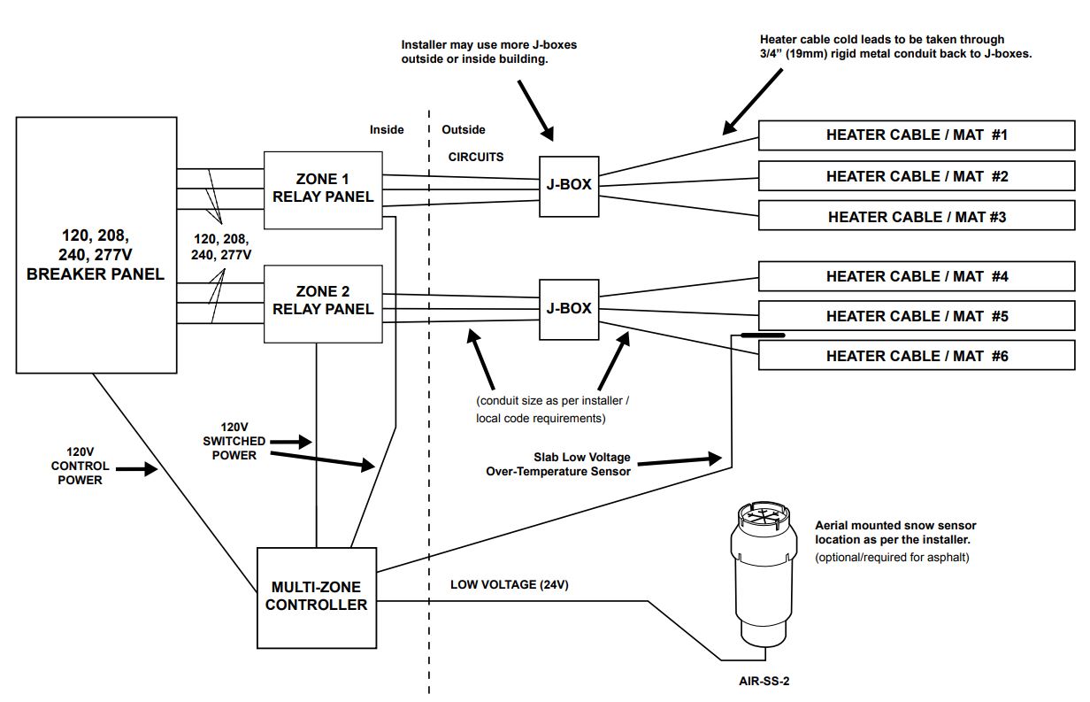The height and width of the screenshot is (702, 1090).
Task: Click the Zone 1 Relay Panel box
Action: click(x=323, y=189)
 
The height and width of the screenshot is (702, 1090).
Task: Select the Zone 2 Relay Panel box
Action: click(x=323, y=303)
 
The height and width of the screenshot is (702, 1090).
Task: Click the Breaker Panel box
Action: click(x=96, y=244)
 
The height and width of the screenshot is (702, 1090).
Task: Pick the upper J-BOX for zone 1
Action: click(x=568, y=186)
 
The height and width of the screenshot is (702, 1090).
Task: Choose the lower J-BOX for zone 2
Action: click(x=568, y=309)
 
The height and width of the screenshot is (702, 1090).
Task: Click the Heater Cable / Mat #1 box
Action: click(x=917, y=135)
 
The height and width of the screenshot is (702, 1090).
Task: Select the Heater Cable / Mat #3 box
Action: click(x=917, y=217)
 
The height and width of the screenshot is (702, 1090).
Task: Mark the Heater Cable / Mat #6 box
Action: click(x=917, y=357)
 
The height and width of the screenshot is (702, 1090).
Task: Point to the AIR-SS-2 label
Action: click(x=765, y=681)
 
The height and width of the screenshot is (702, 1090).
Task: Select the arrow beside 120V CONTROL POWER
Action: click(x=136, y=470)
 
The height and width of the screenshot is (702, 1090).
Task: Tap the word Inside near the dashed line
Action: click(x=387, y=130)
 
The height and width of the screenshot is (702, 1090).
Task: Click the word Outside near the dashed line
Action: click(x=464, y=130)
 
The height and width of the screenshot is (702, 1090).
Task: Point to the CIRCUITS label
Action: click(x=476, y=158)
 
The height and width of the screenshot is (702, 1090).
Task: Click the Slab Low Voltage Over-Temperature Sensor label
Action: click(x=558, y=465)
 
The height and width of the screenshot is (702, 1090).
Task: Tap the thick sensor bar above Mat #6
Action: click(x=763, y=336)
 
